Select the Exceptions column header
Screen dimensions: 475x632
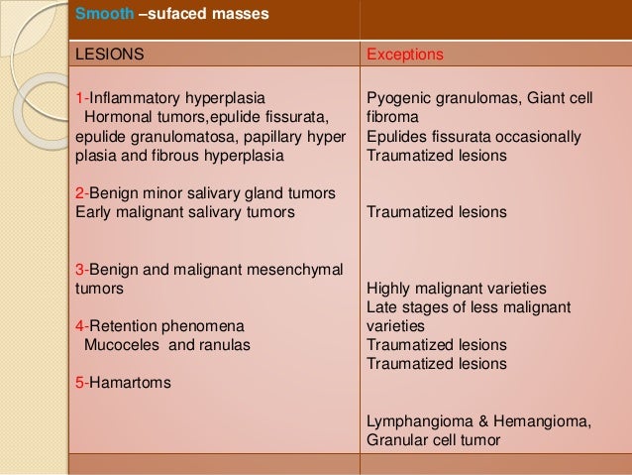(406, 56)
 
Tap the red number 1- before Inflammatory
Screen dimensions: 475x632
(81, 99)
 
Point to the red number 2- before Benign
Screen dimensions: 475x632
(81, 192)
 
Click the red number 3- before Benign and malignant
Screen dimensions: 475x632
(81, 269)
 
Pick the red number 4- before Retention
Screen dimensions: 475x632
(81, 325)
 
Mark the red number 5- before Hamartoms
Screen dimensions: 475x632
(81, 382)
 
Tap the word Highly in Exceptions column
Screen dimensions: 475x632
(389, 288)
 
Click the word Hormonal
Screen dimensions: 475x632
(117, 118)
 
